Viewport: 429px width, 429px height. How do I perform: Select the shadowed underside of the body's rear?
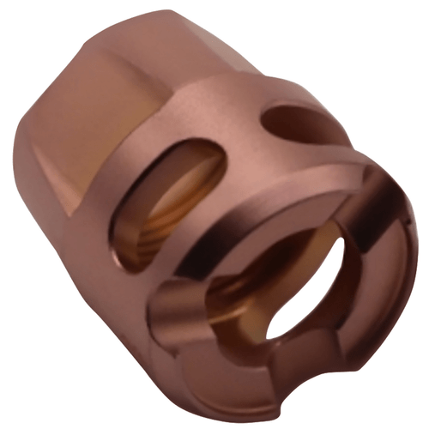pos(77,257)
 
